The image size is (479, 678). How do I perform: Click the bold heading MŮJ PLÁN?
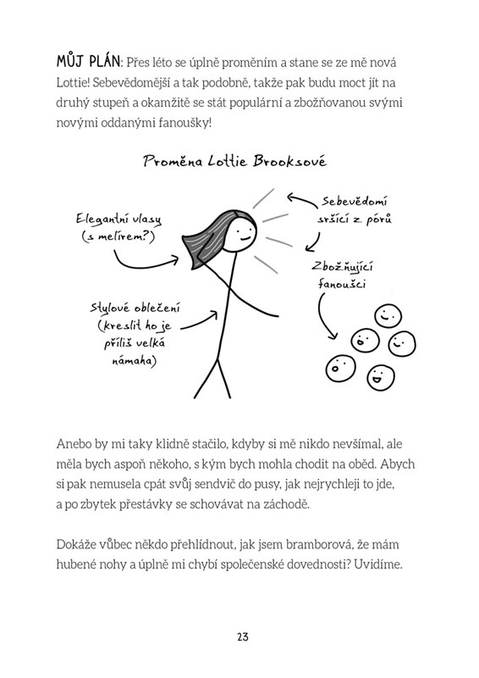point(88,62)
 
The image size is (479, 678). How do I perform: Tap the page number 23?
point(243,637)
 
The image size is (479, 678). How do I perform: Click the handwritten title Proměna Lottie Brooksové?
point(235,161)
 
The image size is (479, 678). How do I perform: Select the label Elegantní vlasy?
point(118,219)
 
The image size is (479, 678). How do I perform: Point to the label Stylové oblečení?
point(135,308)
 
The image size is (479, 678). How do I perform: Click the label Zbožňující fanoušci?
point(342,275)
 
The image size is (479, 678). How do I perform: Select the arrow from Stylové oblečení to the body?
point(200,322)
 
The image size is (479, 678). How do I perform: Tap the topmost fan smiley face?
point(388,316)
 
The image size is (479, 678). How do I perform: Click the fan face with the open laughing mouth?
point(381,376)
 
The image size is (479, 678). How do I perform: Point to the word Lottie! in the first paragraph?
point(73,82)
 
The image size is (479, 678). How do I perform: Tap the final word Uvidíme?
point(378,564)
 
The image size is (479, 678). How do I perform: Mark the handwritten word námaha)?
point(134,361)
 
